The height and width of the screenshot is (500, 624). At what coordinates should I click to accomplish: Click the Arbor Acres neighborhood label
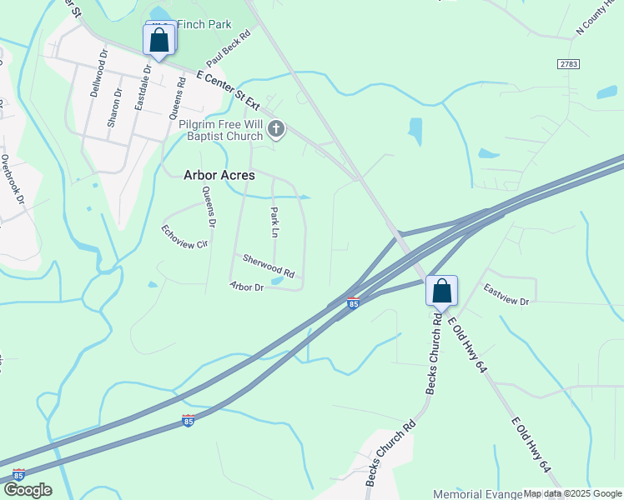pos(219,176)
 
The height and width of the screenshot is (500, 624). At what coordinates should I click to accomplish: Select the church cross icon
pos(277,129)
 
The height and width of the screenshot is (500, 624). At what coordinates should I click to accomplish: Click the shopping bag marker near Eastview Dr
pos(441,292)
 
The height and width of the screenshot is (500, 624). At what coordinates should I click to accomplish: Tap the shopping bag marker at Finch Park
pos(159,40)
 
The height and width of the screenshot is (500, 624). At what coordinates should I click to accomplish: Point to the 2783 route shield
pos(568,64)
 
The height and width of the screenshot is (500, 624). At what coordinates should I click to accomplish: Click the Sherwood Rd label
pos(269,267)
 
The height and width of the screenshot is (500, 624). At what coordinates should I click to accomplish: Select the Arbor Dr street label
pos(247,287)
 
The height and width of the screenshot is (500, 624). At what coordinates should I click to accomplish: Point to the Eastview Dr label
pos(506,294)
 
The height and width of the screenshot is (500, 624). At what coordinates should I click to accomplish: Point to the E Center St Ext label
pos(229,94)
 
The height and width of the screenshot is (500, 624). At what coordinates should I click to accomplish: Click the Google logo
pos(28,490)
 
